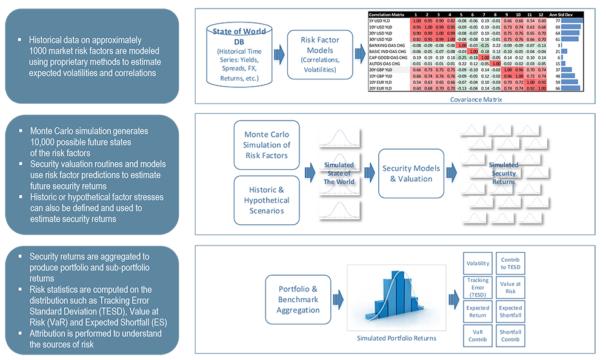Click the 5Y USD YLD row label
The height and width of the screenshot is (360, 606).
381,21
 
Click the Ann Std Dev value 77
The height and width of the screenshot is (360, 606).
557,21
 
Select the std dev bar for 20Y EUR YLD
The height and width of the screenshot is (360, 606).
572,88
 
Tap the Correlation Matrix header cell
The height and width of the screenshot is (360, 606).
388,14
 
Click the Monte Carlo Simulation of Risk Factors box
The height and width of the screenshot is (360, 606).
267,145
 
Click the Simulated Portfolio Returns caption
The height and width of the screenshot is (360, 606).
396,338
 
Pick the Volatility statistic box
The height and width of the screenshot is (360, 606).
478,264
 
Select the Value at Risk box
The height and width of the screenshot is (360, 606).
511,288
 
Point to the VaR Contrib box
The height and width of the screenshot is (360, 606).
478,335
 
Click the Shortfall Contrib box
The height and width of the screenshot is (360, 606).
511,335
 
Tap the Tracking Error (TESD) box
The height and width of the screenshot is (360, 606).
478,288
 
